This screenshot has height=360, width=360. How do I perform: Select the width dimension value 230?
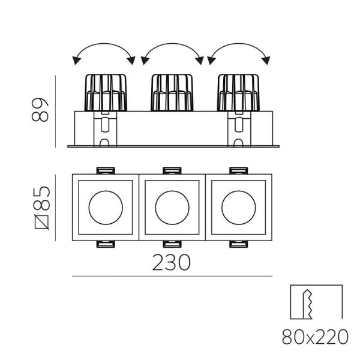[x=173, y=262]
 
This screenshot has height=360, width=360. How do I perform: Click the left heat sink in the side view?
[x=106, y=92]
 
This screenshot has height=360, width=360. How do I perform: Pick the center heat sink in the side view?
[x=173, y=92]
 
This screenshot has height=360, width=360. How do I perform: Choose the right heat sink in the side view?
[x=239, y=92]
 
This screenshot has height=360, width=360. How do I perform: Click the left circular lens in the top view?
[x=106, y=208]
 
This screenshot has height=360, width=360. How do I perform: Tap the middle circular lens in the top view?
[x=172, y=208]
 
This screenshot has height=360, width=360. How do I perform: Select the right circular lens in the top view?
[x=238, y=208]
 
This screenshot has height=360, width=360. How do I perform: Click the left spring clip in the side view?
[x=106, y=130]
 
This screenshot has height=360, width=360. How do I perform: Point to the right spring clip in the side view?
[x=239, y=130]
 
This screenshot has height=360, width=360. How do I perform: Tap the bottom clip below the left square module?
[x=106, y=244]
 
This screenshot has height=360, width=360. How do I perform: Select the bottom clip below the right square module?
[x=238, y=244]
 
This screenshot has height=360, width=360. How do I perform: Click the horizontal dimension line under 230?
[x=172, y=277]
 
